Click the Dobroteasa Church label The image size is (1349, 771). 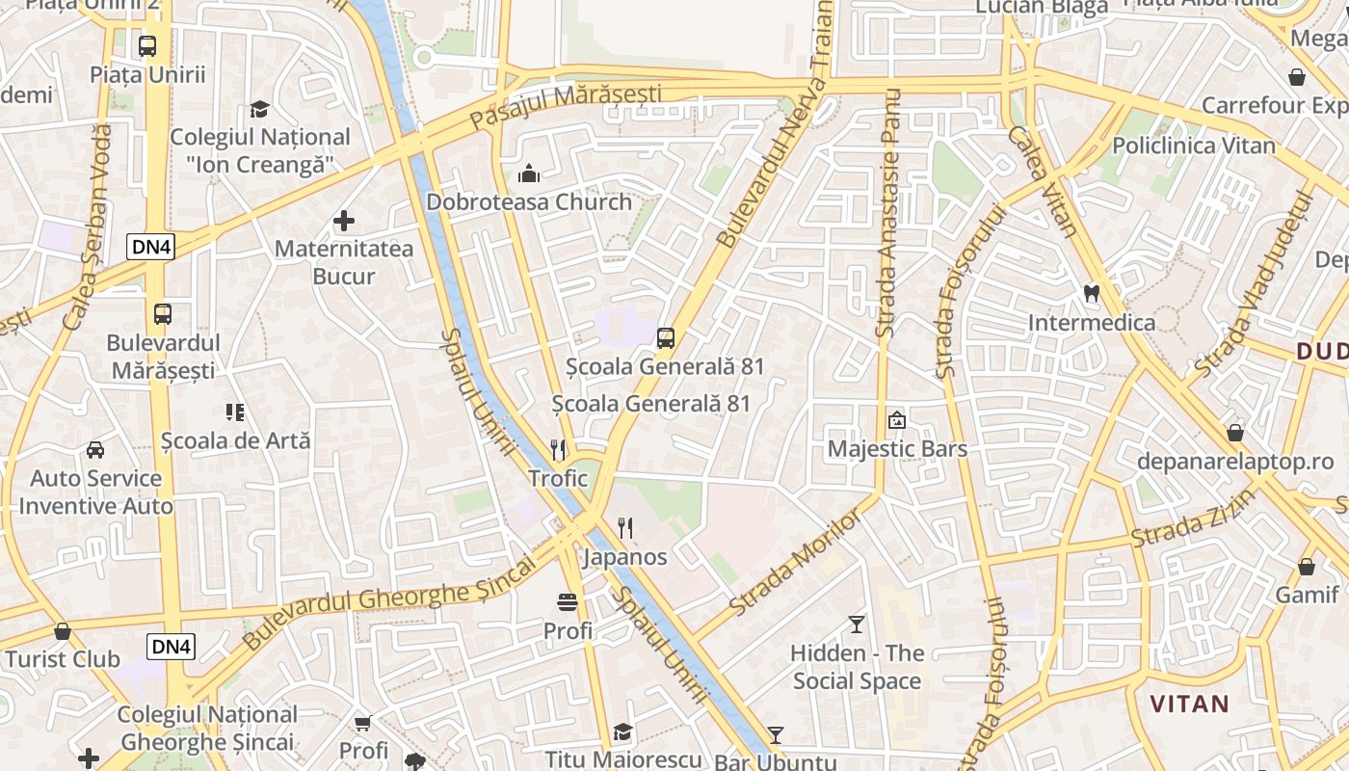pos(529,202)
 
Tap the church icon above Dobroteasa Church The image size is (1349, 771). pos(528,174)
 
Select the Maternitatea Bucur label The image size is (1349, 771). pos(344,262)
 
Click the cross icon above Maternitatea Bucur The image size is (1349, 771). pos(344,222)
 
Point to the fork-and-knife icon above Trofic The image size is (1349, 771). pos(558,450)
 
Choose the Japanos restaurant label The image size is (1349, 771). pos(625,557)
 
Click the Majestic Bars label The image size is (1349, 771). pos(897,449)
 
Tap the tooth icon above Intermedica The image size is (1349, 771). pos(1092,294)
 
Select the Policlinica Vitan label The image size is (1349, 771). pos(1194,146)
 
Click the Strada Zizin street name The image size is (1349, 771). pos(1195,518)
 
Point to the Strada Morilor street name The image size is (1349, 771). pos(796,564)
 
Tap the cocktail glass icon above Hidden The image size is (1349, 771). pos(857,625)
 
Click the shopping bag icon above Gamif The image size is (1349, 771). pos(1307,567)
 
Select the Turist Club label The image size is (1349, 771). pos(63,660)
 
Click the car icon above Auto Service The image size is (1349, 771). pos(95,450)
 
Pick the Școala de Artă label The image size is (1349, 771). pos(236,440)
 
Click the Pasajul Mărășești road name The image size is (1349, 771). pos(566,107)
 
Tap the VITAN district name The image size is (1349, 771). pos(1190,704)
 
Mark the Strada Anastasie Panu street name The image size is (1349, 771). pos(888,212)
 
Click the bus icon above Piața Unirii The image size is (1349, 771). pos(147,46)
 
